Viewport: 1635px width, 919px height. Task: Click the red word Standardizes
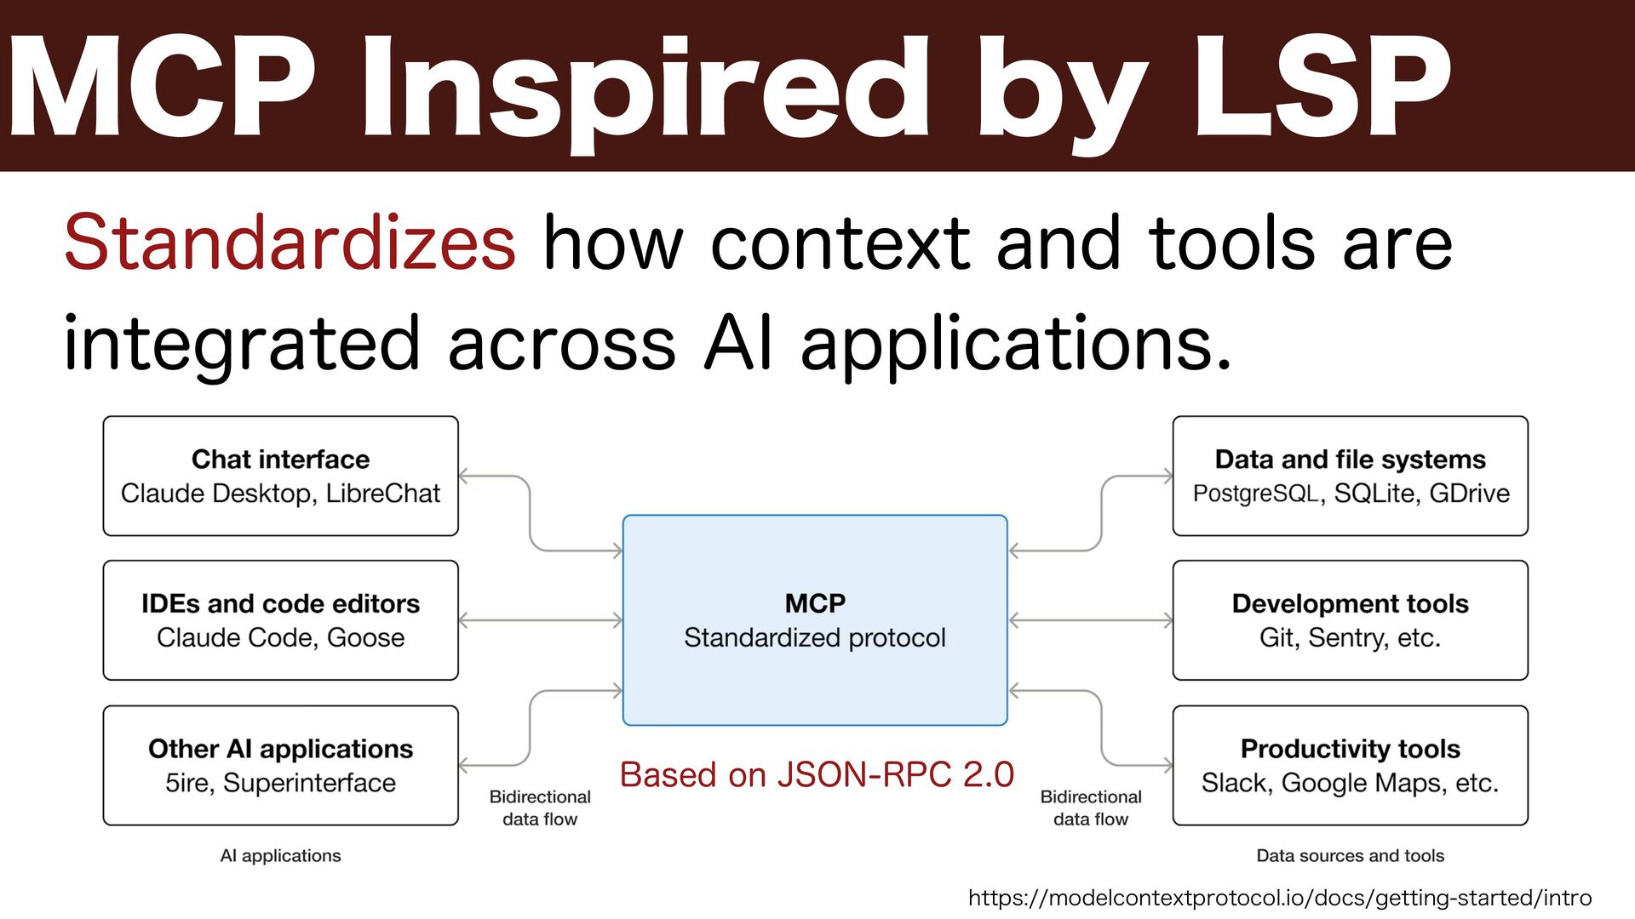290,243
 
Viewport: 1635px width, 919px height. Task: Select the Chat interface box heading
280,459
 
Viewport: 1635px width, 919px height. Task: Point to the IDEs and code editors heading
280,604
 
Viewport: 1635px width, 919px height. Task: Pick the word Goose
366,638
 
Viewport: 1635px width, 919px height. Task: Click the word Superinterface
309,783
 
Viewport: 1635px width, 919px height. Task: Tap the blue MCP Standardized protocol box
815,620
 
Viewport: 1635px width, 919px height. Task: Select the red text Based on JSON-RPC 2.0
817,775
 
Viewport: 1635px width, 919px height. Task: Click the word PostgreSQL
1256,494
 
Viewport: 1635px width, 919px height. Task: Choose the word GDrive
1469,494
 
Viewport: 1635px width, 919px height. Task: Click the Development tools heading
1350,604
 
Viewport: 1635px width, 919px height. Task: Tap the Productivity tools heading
1350,749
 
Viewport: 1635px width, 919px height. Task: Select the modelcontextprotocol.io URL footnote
1280,898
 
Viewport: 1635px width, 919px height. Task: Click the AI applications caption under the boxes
280,856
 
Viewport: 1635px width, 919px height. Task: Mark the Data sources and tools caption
1350,856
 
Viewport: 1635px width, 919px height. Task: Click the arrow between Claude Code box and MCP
541,620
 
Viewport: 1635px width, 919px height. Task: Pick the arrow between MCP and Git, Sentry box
1090,620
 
